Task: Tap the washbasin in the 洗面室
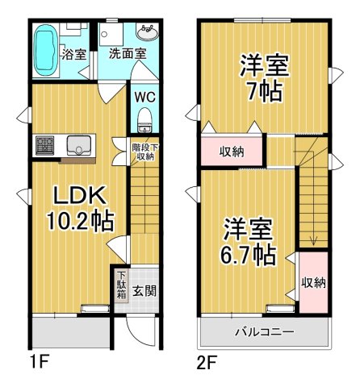click(148, 33)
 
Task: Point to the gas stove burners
click(44, 146)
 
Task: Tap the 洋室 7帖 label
click(264, 77)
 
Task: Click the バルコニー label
click(264, 331)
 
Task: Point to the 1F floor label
click(40, 361)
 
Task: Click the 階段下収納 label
click(144, 151)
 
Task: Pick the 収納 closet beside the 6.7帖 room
click(313, 282)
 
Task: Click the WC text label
click(144, 96)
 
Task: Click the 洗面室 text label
click(128, 54)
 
